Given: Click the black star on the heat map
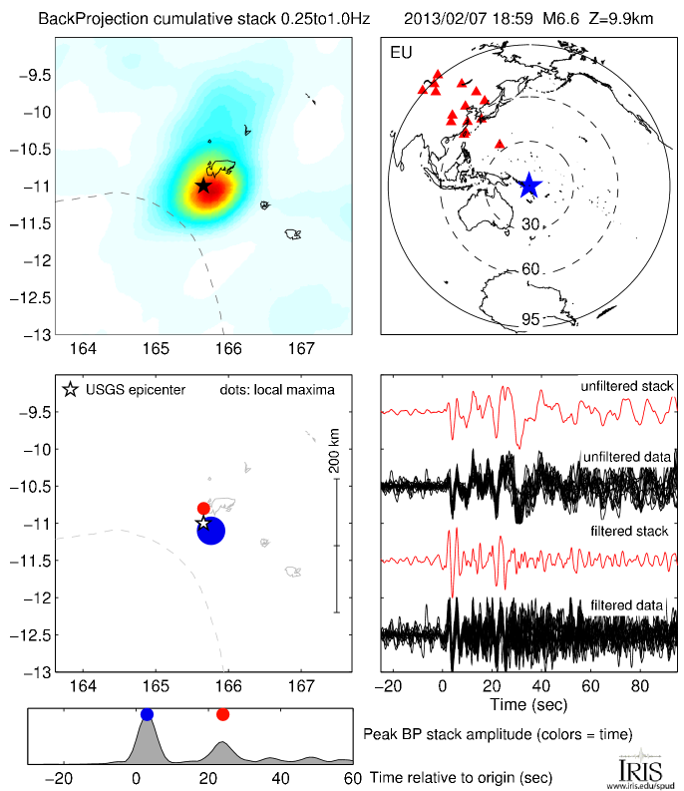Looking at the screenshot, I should (203, 185).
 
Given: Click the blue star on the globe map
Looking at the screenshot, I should (528, 185).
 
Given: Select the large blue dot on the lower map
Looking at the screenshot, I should (211, 531).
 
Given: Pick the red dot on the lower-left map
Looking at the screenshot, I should (203, 509).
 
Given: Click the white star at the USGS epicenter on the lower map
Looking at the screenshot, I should (202, 522).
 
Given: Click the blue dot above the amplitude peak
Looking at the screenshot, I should (148, 714).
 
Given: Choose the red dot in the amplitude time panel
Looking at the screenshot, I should (222, 714).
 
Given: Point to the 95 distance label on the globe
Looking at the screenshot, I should (531, 319).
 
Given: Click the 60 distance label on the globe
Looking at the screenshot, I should (531, 270).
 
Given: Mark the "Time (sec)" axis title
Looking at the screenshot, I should (529, 704).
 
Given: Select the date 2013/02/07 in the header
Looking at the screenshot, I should (440, 18).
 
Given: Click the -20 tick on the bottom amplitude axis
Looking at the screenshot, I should (62, 778).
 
